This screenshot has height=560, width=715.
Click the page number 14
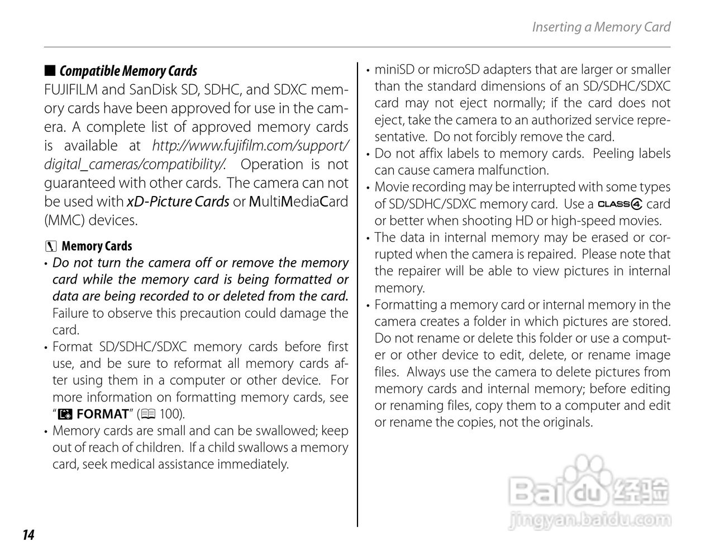pos(28,535)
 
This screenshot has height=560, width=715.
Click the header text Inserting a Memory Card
pos(600,27)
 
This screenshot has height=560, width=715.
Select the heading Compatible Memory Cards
pos(128,71)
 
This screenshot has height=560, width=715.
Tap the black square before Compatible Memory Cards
pos(50,70)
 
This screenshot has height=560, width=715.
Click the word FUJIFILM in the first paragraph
pos(71,90)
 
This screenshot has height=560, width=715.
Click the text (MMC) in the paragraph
pos(61,220)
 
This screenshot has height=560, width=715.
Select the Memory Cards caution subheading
pos(97,246)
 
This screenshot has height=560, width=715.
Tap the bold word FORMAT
pos(102,414)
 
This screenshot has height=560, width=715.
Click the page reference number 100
pos(169,414)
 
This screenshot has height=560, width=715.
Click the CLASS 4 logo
pos(620,204)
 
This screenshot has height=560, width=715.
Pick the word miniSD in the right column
pos(394,70)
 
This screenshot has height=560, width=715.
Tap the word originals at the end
pos(565,422)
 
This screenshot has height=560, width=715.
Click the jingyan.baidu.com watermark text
pos(590,520)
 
